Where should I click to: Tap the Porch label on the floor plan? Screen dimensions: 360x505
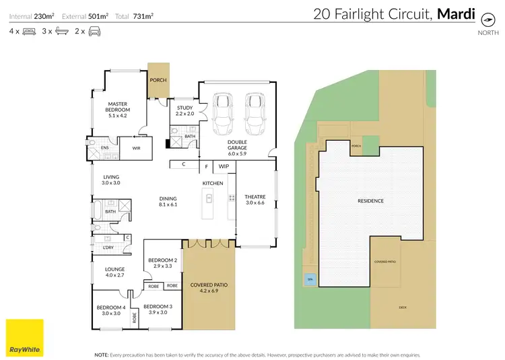pyautogui.click(x=158, y=80)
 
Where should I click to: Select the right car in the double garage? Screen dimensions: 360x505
pyautogui.click(x=253, y=116)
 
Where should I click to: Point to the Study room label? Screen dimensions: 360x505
pyautogui.click(x=184, y=110)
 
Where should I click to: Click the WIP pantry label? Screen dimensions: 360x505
pyautogui.click(x=223, y=165)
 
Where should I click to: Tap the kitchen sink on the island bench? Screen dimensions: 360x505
pyautogui.click(x=209, y=198)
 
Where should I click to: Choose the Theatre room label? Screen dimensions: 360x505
pyautogui.click(x=255, y=199)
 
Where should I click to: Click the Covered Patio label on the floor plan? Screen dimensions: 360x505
pyautogui.click(x=209, y=288)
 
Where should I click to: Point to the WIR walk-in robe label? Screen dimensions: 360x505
pyautogui.click(x=135, y=147)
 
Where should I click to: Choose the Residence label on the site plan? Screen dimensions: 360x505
pyautogui.click(x=370, y=201)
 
